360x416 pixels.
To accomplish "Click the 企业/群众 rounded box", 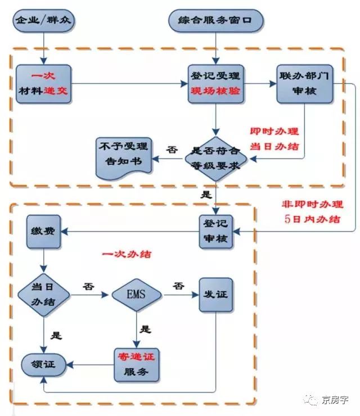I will pos(43,21).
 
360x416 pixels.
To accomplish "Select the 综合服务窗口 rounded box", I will pos(215,21).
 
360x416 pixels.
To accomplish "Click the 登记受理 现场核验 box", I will pos(215,84).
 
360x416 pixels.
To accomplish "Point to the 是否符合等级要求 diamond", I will pos(215,158).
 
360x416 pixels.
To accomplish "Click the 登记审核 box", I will pos(215,231).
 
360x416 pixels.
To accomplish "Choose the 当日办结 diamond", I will pos(43,293).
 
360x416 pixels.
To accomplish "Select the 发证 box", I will pos(215,294).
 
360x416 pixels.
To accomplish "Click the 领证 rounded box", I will pos(43,364).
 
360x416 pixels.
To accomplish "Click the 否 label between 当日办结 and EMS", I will pos(88,286).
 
